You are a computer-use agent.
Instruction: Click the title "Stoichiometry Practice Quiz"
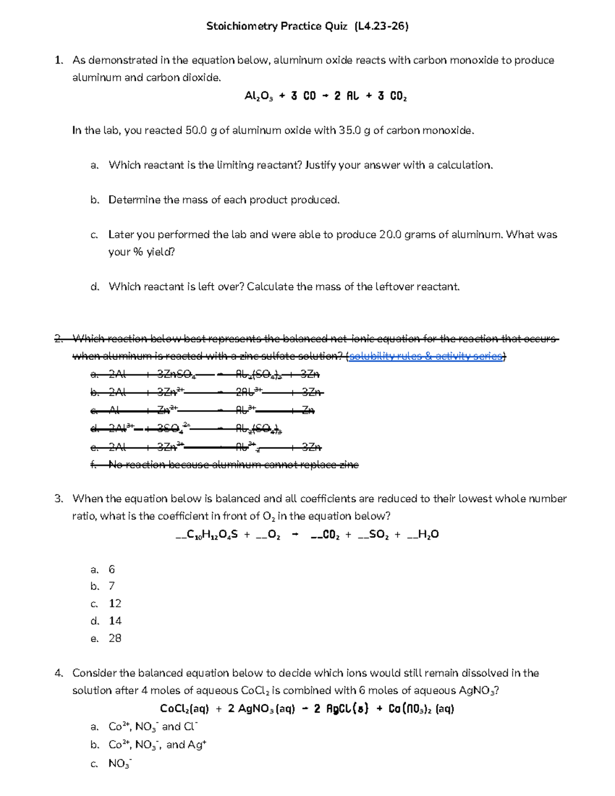click(277, 26)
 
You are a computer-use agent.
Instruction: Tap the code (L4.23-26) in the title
click(381, 26)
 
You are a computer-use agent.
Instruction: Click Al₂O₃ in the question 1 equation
click(259, 96)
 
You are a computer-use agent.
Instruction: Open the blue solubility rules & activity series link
click(426, 356)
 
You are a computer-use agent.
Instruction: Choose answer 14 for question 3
click(115, 621)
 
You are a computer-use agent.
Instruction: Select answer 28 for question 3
click(115, 639)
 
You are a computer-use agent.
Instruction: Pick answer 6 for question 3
click(112, 569)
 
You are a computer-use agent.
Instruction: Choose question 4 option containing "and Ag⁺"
click(157, 745)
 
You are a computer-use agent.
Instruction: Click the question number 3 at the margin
click(58, 499)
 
